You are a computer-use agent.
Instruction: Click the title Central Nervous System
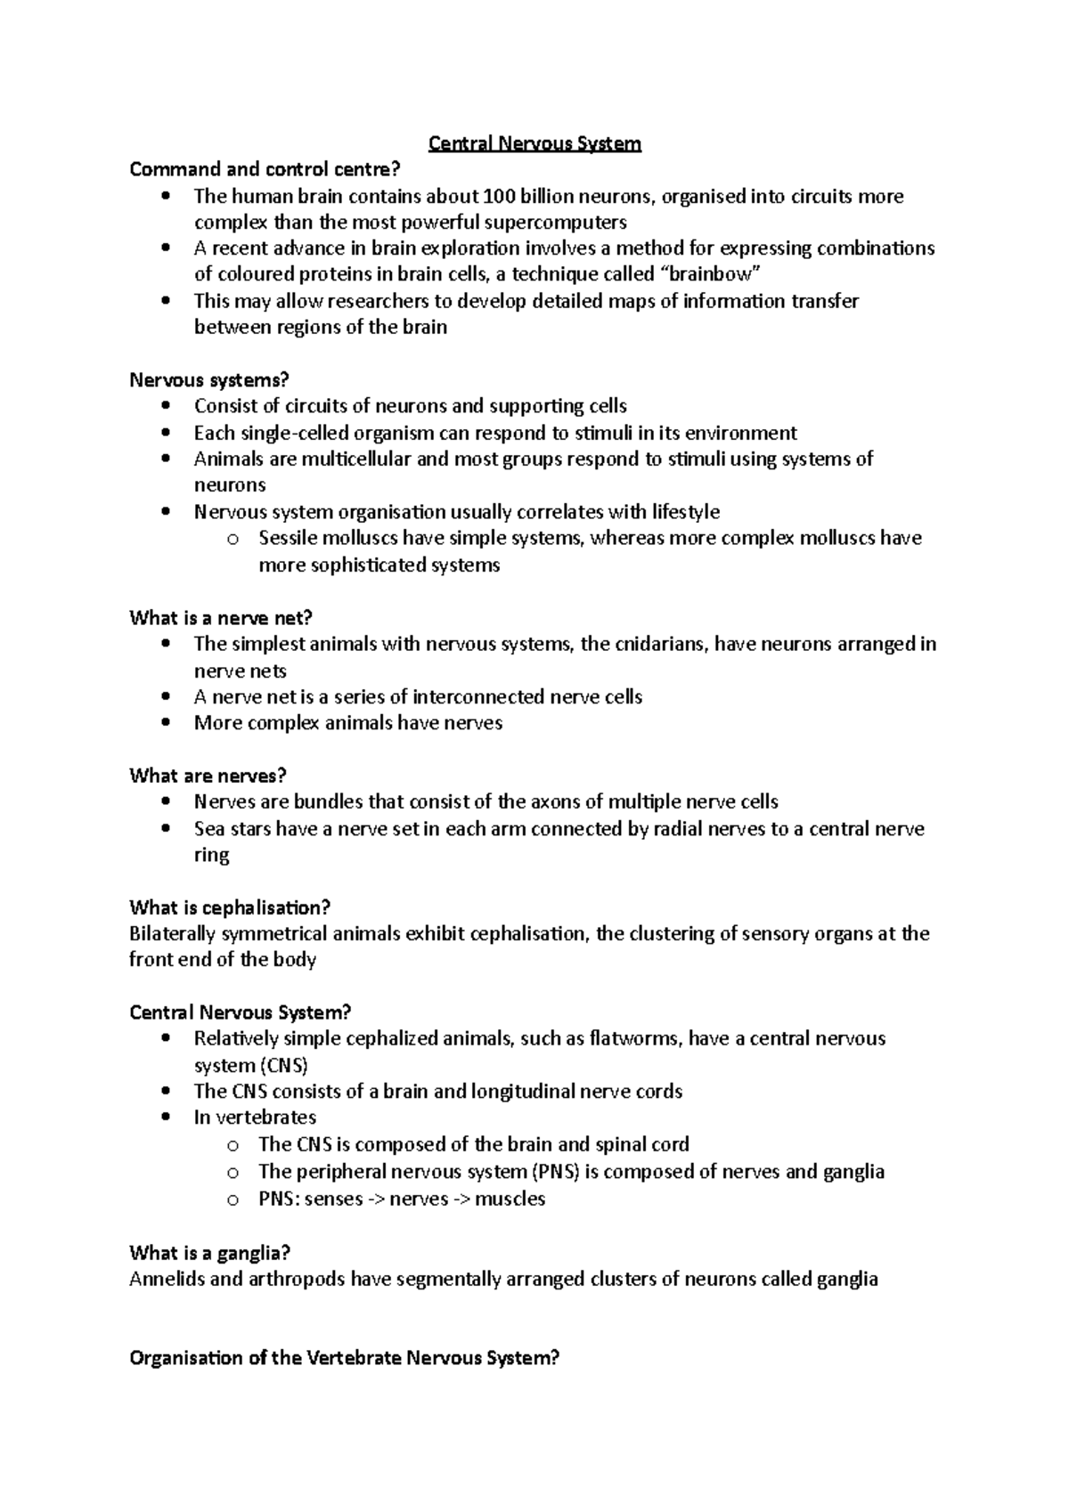tap(534, 143)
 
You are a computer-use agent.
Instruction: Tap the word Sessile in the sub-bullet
tap(290, 538)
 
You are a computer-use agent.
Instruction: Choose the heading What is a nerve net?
tap(221, 618)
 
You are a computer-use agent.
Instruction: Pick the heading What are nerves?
tap(208, 776)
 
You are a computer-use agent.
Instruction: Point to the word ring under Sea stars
tap(211, 855)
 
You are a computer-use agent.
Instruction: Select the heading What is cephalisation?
tap(230, 908)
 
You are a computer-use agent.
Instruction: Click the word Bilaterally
tap(173, 934)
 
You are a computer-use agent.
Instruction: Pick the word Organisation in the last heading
tap(185, 1358)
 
